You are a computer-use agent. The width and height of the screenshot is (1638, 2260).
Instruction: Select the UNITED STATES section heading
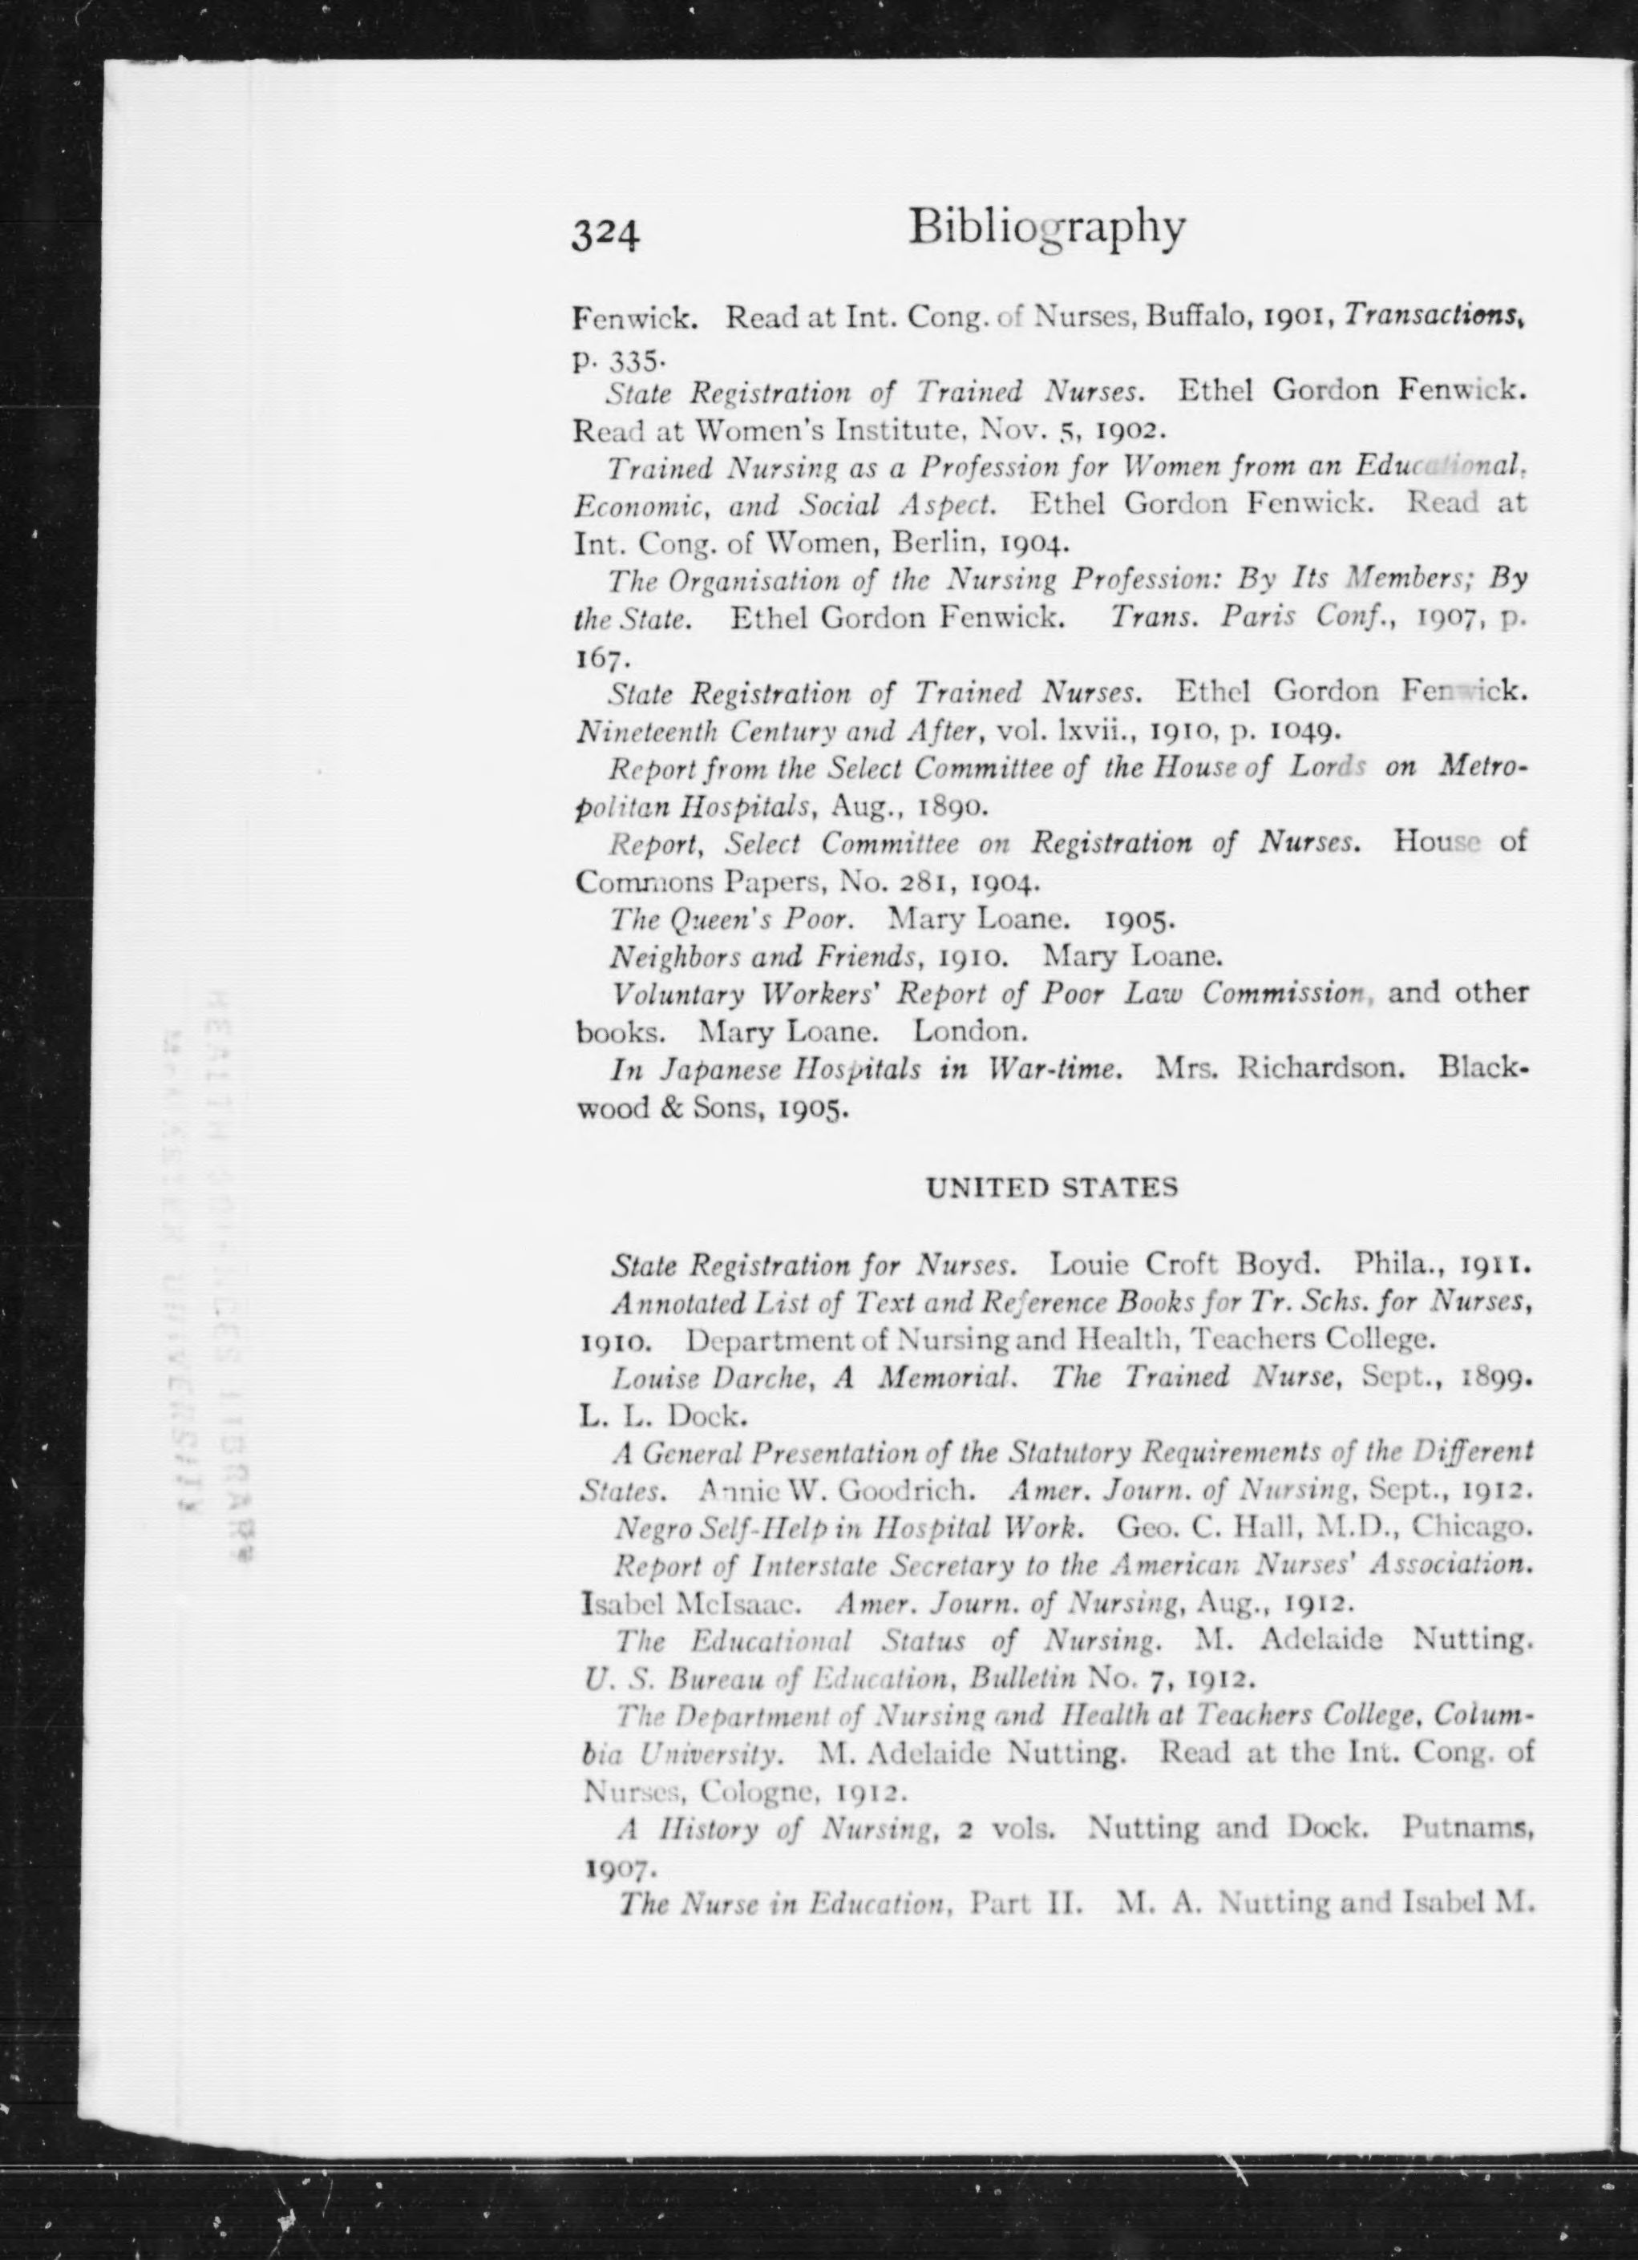click(x=1052, y=1188)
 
